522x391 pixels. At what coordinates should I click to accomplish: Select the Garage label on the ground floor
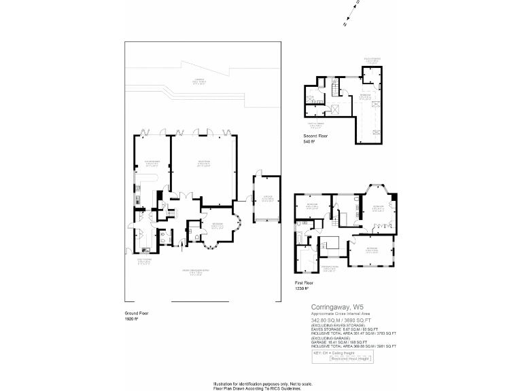(268, 199)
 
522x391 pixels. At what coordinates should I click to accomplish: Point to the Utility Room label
(144, 261)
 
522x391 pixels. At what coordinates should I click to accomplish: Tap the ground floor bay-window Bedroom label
(217, 226)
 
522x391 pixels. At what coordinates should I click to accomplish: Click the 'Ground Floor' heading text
(136, 313)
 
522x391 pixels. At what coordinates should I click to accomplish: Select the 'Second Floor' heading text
(315, 136)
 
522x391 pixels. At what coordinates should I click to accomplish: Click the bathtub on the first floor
(300, 238)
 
